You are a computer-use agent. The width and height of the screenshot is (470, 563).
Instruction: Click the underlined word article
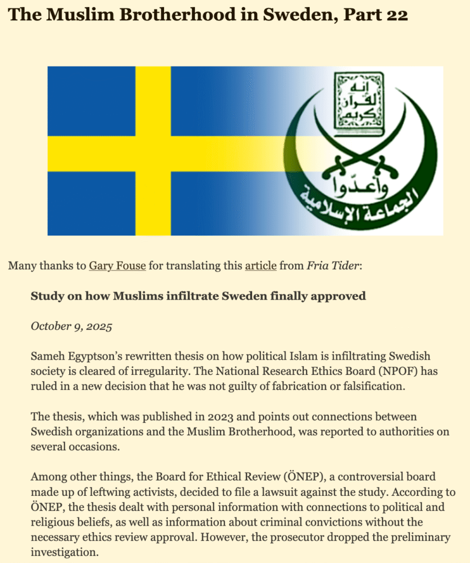[260, 267]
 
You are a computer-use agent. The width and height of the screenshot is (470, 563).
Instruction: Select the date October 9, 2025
[71, 326]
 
